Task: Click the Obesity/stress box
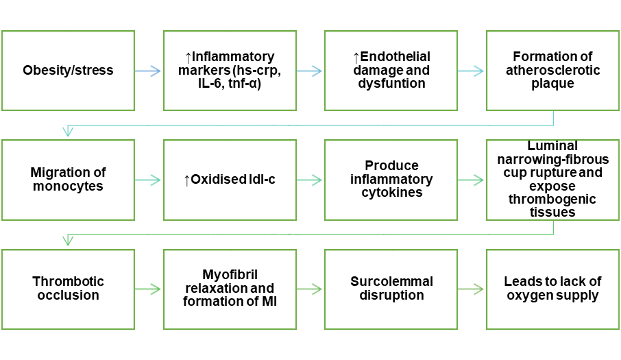pos(68,70)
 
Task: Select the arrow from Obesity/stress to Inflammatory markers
pos(149,70)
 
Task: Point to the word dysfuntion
pos(391,83)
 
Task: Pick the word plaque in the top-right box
pos(552,83)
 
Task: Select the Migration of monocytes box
pos(68,180)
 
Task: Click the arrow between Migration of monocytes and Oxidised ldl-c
pos(149,180)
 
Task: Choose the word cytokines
pos(391,193)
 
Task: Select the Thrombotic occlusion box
pos(68,289)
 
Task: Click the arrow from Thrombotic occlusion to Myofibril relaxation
pos(149,289)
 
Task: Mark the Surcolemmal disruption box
pos(391,289)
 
